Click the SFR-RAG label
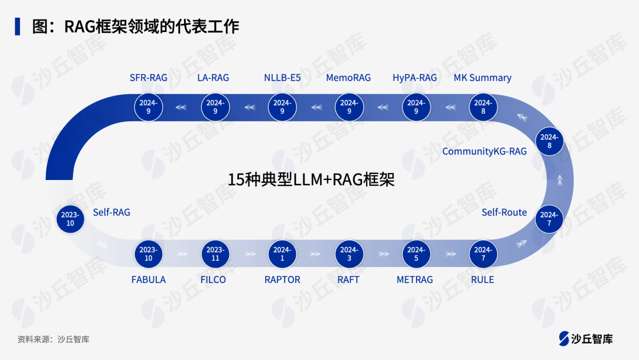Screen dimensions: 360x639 (x=149, y=78)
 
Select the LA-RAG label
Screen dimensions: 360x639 (x=213, y=78)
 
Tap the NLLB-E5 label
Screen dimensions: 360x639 (x=282, y=78)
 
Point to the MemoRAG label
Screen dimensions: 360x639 (x=348, y=78)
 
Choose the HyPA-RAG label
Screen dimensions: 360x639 (x=415, y=78)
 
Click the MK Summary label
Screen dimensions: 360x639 (x=482, y=78)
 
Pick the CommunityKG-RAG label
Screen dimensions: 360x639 (x=485, y=152)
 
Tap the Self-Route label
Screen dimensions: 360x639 (x=504, y=212)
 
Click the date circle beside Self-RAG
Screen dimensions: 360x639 (x=70, y=219)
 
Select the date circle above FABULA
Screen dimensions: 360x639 (x=149, y=254)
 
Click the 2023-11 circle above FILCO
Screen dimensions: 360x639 (x=215, y=254)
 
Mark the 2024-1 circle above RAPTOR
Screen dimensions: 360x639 (x=282, y=254)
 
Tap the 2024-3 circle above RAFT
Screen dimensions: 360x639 (x=349, y=254)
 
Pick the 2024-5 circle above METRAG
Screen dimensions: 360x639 (x=416, y=254)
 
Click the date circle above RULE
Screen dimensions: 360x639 (x=483, y=254)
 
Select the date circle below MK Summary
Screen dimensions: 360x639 (x=483, y=107)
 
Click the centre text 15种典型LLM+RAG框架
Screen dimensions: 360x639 (x=311, y=180)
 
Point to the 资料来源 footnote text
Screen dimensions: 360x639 (x=53, y=339)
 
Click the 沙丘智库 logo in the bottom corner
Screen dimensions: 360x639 (x=586, y=339)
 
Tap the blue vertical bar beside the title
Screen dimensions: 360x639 (x=18, y=26)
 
